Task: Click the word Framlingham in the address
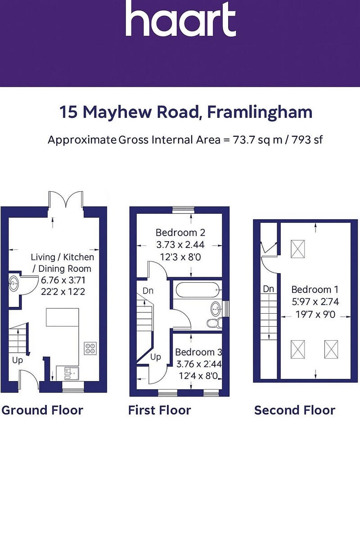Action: pyautogui.click(x=260, y=112)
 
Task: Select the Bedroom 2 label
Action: pyautogui.click(x=180, y=233)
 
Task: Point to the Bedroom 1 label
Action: pyautogui.click(x=315, y=289)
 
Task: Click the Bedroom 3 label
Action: pyautogui.click(x=198, y=352)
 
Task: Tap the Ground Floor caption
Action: pyautogui.click(x=42, y=410)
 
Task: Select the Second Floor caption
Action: pyautogui.click(x=294, y=410)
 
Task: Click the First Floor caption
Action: pyautogui.click(x=159, y=410)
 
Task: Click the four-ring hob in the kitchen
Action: pyautogui.click(x=90, y=348)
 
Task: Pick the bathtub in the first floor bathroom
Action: pyautogui.click(x=196, y=289)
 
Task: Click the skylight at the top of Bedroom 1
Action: pyautogui.click(x=297, y=249)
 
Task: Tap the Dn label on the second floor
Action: pyautogui.click(x=268, y=289)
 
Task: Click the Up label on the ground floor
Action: pyautogui.click(x=18, y=360)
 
